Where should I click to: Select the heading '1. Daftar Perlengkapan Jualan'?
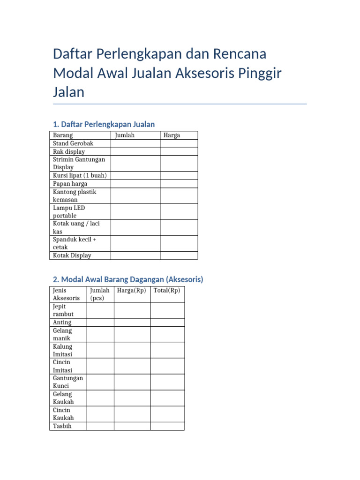[x=104, y=124]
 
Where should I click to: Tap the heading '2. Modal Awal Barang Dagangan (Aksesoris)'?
[x=128, y=279]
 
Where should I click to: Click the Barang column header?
[x=63, y=135]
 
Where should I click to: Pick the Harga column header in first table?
[x=172, y=135]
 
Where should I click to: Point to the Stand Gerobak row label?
[x=74, y=143]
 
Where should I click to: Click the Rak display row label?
[x=69, y=151]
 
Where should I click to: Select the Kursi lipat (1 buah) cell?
[x=80, y=175]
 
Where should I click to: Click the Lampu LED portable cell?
[x=69, y=211]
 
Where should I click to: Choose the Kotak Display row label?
[x=72, y=255]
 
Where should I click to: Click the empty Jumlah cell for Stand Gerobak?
[x=135, y=143]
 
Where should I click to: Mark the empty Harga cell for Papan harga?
[x=179, y=184]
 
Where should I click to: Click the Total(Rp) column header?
[x=167, y=291]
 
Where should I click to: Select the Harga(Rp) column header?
[x=132, y=291]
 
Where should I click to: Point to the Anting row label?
[x=62, y=322]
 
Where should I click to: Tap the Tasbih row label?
[x=62, y=426]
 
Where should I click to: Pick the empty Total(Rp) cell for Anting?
[x=167, y=322]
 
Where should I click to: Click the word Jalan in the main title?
[x=69, y=92]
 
